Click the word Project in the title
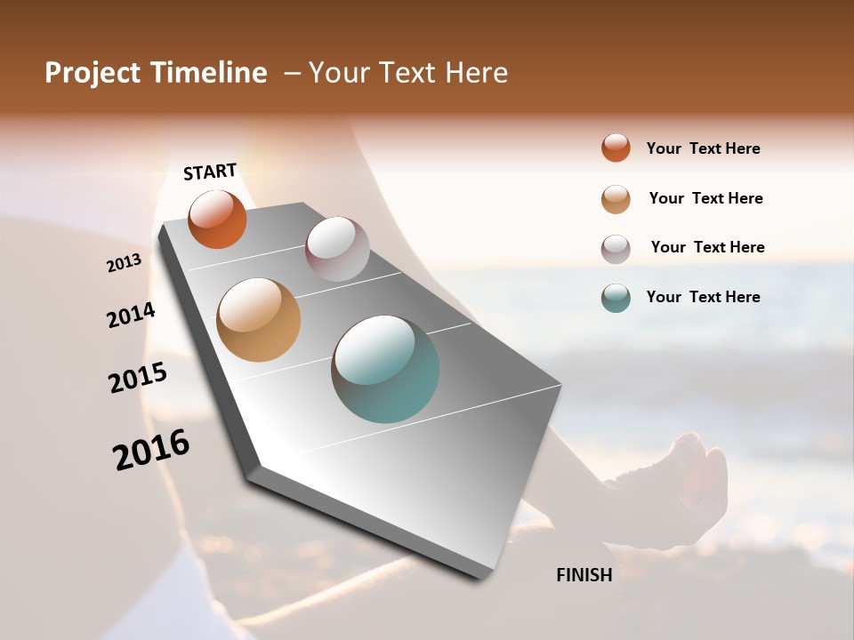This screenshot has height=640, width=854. point(91,73)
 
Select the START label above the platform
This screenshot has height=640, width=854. point(210,172)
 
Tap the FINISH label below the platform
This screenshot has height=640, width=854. point(584,575)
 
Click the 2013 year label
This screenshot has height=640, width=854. point(124,263)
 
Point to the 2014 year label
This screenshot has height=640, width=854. point(131,316)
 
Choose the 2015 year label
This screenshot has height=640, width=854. point(138,378)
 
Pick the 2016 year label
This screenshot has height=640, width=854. point(151,450)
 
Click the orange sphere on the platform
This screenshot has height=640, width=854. point(217,219)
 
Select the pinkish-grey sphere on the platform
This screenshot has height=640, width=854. point(337,249)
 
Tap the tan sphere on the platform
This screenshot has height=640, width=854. point(258,320)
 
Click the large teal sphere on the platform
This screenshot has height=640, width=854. point(385,369)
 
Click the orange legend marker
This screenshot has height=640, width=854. point(616,148)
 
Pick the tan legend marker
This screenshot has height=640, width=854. point(616,199)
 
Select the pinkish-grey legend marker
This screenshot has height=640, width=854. point(616,249)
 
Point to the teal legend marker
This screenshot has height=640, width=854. point(616,298)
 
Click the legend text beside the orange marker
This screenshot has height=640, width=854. point(703,149)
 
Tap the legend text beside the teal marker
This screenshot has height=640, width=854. point(703,297)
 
